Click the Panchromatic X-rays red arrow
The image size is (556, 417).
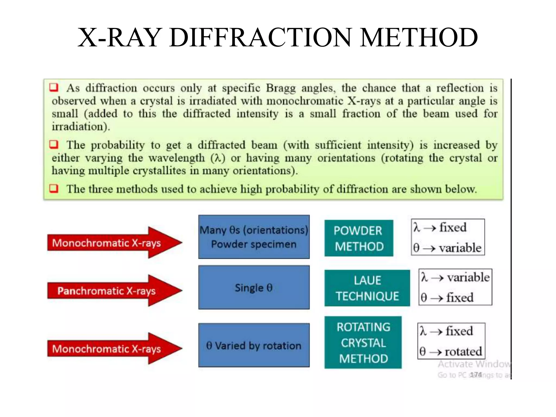point(109,291)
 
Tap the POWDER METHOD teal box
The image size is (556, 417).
point(359,238)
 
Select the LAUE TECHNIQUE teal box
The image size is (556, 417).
point(367,288)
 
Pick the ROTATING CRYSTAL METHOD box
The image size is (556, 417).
point(363,343)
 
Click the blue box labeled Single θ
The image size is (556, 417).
point(254,288)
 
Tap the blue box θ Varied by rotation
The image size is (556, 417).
point(254,345)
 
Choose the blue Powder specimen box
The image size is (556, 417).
point(254,237)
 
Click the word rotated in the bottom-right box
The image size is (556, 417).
point(463,352)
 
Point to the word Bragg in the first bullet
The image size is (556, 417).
point(280,88)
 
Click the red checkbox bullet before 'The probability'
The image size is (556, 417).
point(54,144)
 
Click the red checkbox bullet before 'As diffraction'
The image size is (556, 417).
point(54,87)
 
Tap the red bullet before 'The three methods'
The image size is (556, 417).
point(54,188)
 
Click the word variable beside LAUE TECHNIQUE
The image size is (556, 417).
point(468,277)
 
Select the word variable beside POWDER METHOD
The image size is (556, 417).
point(460,248)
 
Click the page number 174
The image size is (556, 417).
point(476,375)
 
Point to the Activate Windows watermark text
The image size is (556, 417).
point(474,364)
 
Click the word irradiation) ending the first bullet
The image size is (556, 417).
point(81,127)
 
